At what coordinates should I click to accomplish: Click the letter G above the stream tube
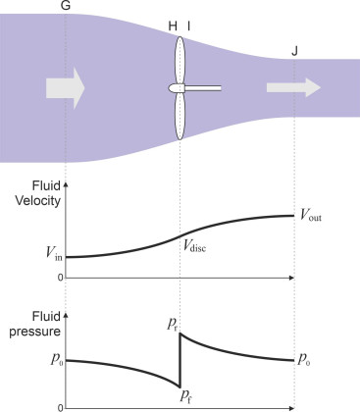[66, 6]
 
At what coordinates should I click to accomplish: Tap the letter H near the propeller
[173, 26]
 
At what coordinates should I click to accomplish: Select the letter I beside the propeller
[188, 26]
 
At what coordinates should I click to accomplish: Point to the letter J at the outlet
[294, 51]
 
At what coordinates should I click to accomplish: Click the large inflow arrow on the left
[66, 88]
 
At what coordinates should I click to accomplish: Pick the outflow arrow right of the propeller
[293, 87]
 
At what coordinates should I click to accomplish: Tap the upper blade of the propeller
[180, 60]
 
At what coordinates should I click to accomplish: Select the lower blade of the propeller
[180, 116]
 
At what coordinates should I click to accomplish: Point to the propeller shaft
[203, 88]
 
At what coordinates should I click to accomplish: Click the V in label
[54, 253]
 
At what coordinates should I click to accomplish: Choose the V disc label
[194, 245]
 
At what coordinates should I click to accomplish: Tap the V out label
[311, 216]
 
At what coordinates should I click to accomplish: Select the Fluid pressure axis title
[35, 324]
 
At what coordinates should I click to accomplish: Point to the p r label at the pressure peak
[172, 325]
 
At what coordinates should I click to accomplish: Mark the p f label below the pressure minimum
[185, 396]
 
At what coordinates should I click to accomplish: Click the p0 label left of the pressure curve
[56, 360]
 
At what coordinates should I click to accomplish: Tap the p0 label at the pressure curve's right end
[304, 360]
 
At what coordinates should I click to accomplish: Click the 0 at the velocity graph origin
[60, 278]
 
